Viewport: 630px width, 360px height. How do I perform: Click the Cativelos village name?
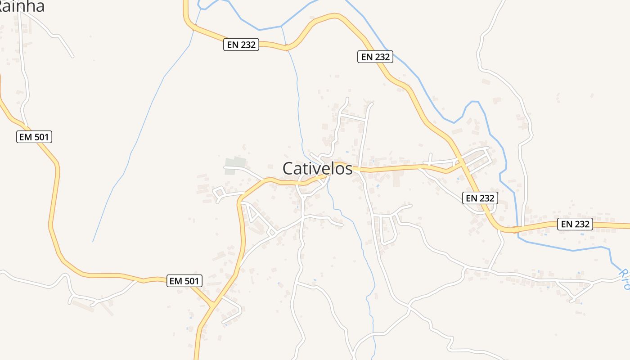tap(317, 168)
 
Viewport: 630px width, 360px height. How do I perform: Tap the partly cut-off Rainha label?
tap(22, 6)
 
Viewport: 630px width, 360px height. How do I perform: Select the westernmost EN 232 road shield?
tap(241, 45)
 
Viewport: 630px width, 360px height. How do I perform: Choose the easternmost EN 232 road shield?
tap(575, 224)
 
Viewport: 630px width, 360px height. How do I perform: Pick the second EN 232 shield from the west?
tap(375, 57)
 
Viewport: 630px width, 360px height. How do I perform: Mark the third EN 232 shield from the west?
tap(480, 198)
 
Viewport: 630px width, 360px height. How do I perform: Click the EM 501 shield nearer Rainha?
tap(35, 137)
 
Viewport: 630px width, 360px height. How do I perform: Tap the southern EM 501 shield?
tap(184, 281)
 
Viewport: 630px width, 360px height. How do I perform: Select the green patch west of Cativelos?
tap(236, 163)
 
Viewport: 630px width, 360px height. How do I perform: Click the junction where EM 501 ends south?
tap(211, 306)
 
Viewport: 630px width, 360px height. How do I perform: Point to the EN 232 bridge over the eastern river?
tap(517, 229)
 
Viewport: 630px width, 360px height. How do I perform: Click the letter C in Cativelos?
tap(288, 168)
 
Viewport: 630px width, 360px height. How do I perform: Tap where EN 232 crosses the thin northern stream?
tap(287, 48)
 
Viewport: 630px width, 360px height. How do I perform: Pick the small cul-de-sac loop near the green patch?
tap(219, 194)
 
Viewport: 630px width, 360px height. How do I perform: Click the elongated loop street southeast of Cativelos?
tap(387, 229)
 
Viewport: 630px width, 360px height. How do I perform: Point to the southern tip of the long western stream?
tap(93, 242)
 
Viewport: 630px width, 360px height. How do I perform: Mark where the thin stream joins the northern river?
tap(282, 26)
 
